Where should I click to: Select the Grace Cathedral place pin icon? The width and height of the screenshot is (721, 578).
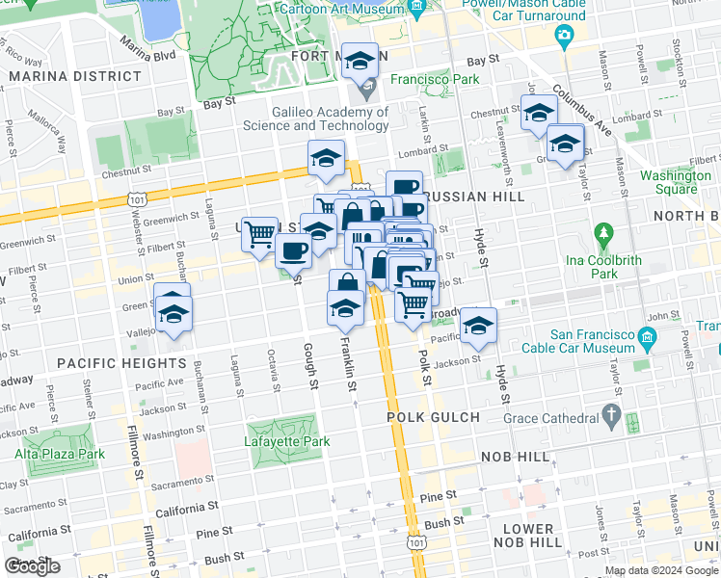tap(610, 415)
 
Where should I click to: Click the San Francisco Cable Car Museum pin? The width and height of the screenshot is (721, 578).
tap(647, 337)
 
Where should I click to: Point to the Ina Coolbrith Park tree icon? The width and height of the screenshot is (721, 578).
tap(603, 233)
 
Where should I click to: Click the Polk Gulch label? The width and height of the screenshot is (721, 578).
tap(433, 416)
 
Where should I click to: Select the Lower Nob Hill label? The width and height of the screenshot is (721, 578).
tap(527, 536)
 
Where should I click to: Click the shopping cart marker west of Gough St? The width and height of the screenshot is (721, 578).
tap(259, 233)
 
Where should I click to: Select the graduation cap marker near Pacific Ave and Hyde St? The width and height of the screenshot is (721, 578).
tap(477, 326)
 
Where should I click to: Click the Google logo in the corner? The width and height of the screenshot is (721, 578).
tap(33, 566)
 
